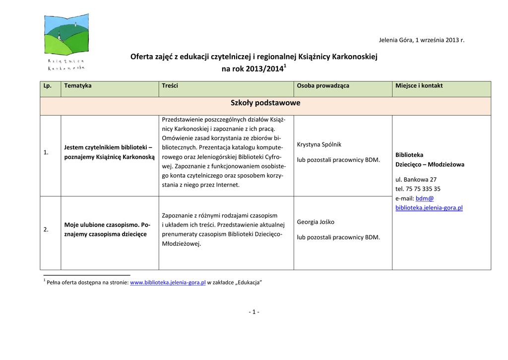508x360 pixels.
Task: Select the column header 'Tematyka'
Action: pos(78,85)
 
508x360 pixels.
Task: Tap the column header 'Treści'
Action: pos(170,85)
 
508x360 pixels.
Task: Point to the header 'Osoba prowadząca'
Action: pos(323,85)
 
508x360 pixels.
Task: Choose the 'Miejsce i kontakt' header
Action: pos(419,85)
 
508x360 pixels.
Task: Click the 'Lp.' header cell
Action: pos(48,85)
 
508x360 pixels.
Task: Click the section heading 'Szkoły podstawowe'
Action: pos(265,103)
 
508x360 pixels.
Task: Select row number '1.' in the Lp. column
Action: pos(46,152)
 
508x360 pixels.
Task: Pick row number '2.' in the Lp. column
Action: pos(46,229)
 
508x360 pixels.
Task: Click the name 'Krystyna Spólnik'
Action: pos(319,144)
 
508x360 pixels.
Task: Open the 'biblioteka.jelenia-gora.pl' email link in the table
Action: pos(429,208)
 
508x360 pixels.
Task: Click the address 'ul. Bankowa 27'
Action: pos(416,179)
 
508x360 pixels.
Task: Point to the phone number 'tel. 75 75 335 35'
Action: pos(418,189)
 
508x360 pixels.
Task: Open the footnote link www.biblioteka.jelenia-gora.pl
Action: pos(168,283)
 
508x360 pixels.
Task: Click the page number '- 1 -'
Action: pos(254,312)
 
